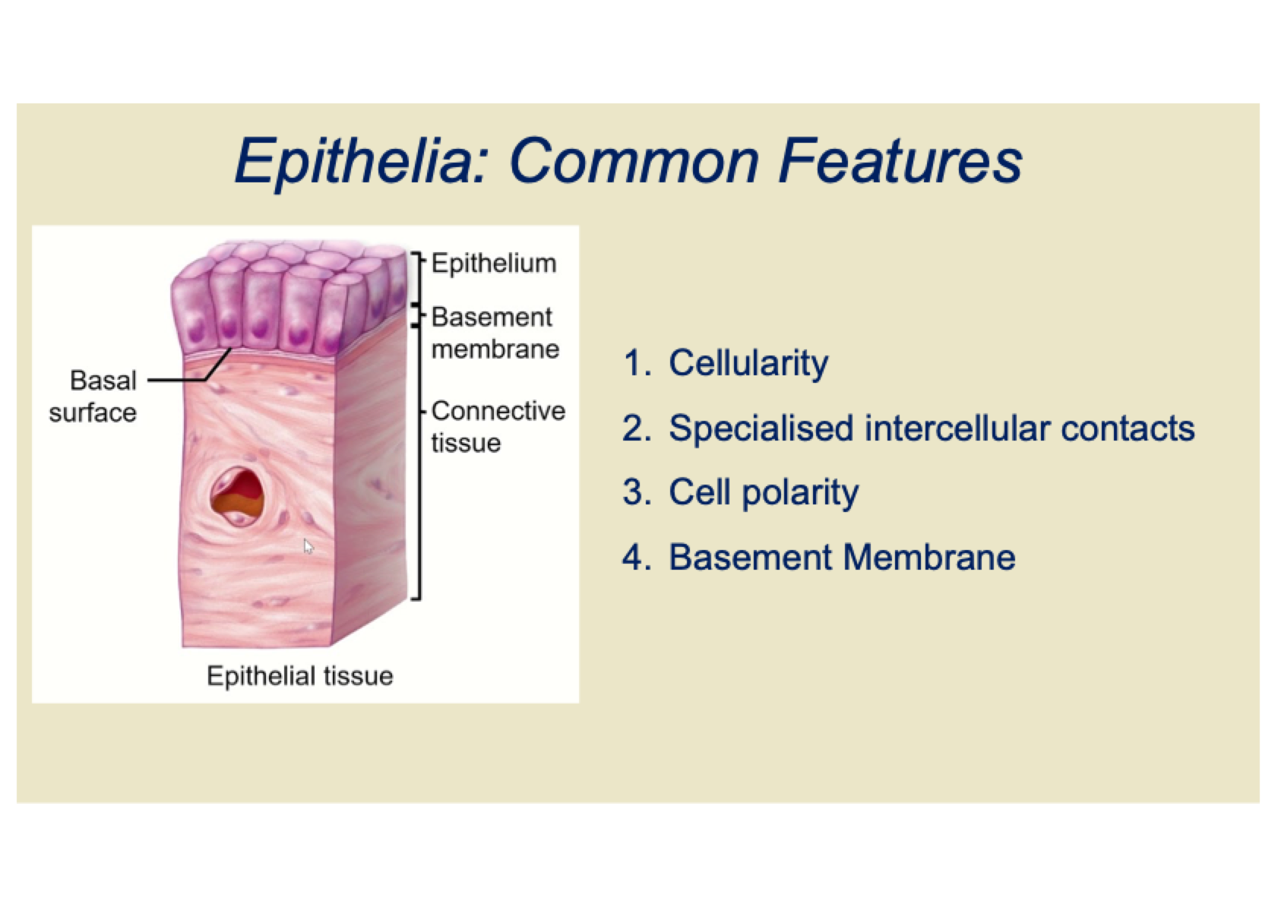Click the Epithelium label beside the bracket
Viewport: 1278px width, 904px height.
point(494,264)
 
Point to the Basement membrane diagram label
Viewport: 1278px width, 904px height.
point(495,333)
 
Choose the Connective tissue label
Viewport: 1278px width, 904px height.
point(498,427)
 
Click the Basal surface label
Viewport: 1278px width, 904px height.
point(93,396)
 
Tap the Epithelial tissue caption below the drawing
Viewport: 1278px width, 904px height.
point(300,676)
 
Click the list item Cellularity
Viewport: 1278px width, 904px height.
point(748,363)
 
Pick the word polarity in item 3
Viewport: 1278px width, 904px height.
point(800,493)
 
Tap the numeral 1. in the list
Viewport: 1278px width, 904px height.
point(637,363)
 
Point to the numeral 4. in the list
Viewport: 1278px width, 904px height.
point(637,557)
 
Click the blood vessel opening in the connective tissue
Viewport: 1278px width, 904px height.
point(238,496)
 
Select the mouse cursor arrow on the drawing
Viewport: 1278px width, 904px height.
point(308,546)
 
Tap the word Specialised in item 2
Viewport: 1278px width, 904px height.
point(761,429)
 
